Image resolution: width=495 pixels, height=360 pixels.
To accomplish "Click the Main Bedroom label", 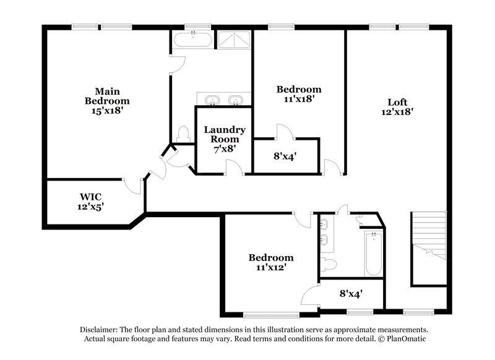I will click(x=107, y=96).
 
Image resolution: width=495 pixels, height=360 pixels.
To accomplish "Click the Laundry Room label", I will click(x=225, y=134).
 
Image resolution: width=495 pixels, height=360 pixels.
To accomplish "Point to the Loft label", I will click(x=397, y=102).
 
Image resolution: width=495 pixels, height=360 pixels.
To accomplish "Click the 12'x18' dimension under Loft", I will click(x=397, y=112).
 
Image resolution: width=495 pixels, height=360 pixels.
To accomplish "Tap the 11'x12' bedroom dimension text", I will click(x=271, y=268).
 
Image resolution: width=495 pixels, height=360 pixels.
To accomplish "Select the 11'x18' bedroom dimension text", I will click(x=298, y=98).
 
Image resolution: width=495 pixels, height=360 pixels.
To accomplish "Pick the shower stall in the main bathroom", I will click(x=233, y=40).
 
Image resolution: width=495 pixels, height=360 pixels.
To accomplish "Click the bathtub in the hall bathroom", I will click(x=373, y=254).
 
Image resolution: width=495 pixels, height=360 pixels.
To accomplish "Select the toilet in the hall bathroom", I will click(x=329, y=265).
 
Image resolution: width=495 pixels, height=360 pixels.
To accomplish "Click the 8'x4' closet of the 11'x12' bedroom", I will click(x=350, y=294).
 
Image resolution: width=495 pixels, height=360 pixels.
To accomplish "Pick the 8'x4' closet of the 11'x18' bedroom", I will click(x=286, y=156).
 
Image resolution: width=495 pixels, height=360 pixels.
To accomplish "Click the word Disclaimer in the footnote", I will click(x=100, y=330).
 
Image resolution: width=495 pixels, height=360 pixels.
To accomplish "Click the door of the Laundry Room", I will click(x=234, y=167).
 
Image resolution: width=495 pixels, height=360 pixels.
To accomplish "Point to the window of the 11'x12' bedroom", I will click(x=270, y=314).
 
